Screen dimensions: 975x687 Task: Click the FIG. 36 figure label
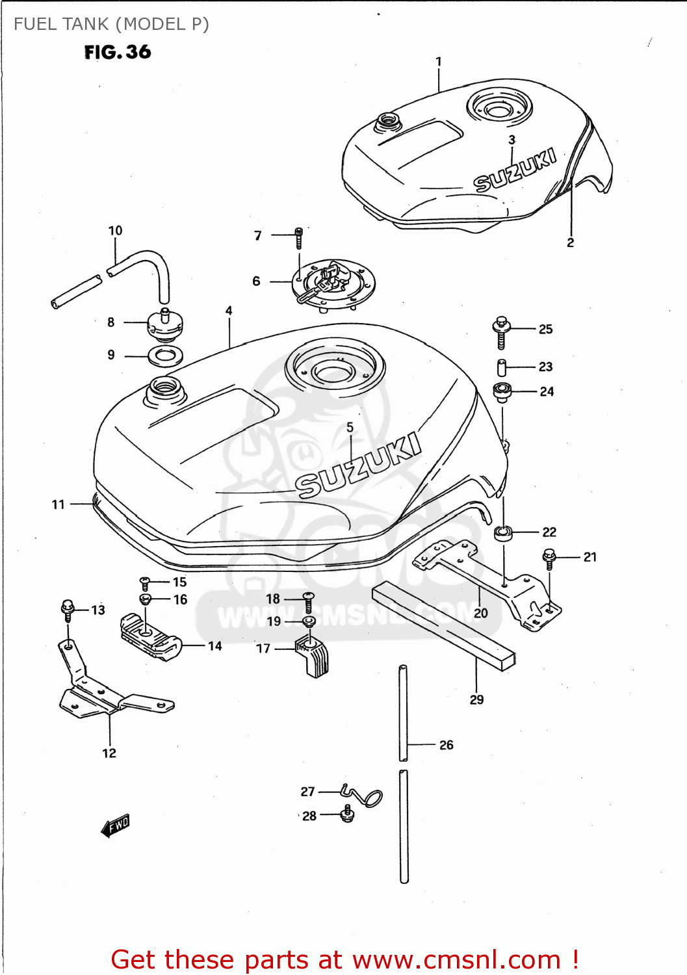coord(118,52)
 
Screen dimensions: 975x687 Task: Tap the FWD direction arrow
coord(116,825)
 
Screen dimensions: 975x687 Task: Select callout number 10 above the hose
coord(115,231)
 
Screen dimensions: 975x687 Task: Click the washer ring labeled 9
coord(166,356)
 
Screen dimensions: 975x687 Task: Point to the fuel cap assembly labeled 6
coord(333,283)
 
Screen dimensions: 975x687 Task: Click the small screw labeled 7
coord(298,238)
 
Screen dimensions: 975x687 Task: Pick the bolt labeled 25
coord(501,331)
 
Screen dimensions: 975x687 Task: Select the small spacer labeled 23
coord(502,367)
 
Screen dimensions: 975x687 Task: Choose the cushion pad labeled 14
coord(149,637)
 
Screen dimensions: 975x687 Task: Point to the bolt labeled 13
coord(68,609)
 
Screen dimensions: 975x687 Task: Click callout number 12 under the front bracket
coord(109,753)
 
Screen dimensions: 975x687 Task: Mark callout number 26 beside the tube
coord(446,745)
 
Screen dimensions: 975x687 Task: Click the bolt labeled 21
coord(549,557)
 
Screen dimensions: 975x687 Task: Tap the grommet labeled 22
coord(504,533)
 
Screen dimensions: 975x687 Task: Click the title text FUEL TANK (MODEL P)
coord(111,24)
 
